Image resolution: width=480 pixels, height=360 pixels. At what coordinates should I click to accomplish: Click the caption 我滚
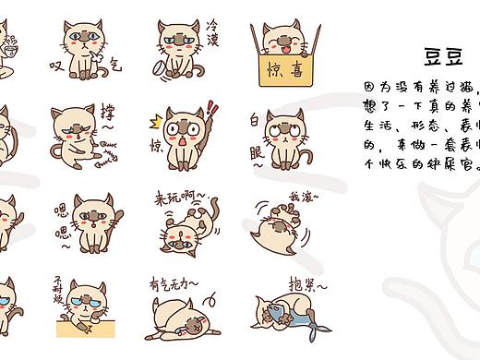302,197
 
